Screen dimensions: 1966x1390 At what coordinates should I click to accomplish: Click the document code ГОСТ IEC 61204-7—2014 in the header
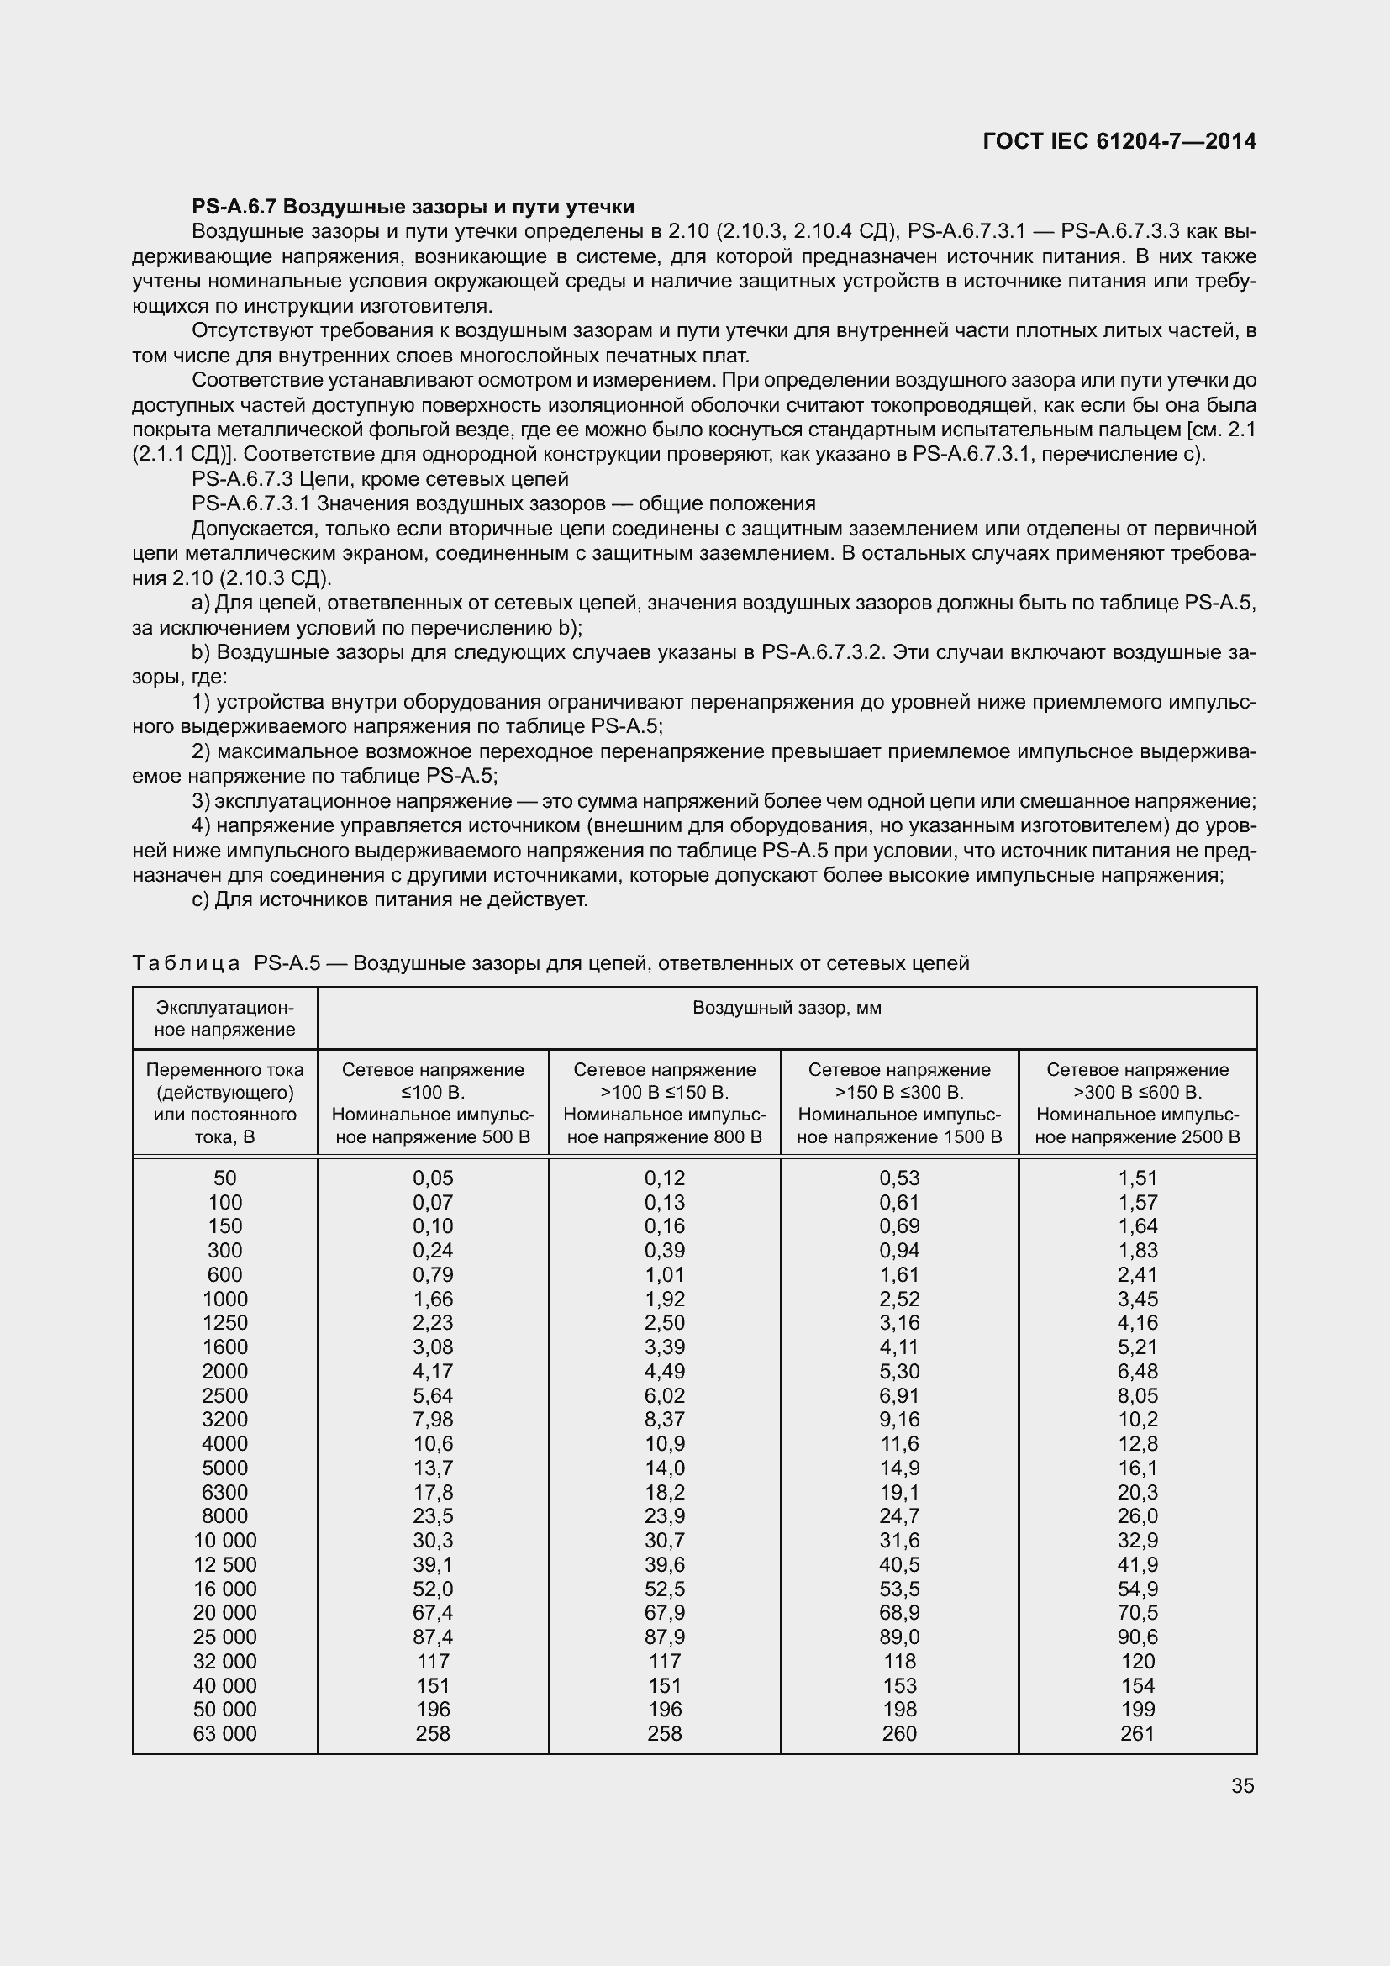pyautogui.click(x=1119, y=141)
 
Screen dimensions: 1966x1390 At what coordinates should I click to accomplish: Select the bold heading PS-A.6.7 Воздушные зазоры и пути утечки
pyautogui.click(x=413, y=207)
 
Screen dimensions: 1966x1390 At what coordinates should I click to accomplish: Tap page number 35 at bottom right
pyautogui.click(x=1242, y=1785)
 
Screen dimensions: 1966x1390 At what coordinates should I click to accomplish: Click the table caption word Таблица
pyautogui.click(x=186, y=963)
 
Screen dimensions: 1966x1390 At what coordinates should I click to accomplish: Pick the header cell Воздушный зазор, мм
pyautogui.click(x=787, y=1008)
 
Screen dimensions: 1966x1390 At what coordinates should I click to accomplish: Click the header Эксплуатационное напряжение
pyautogui.click(x=225, y=1018)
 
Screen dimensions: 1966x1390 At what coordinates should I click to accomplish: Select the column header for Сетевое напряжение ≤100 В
pyautogui.click(x=433, y=1103)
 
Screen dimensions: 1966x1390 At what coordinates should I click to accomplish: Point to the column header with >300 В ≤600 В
pyautogui.click(x=1138, y=1103)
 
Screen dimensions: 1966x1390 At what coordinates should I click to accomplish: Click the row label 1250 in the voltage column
pyautogui.click(x=225, y=1323)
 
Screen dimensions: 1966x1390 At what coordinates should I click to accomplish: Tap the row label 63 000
pyautogui.click(x=225, y=1734)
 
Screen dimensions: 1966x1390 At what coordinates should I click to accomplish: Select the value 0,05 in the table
pyautogui.click(x=433, y=1178)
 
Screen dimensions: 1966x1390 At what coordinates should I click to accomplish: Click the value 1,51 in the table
pyautogui.click(x=1138, y=1178)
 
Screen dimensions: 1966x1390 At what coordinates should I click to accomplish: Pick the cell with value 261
pyautogui.click(x=1138, y=1734)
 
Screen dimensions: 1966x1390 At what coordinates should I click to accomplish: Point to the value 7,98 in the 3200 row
pyautogui.click(x=433, y=1420)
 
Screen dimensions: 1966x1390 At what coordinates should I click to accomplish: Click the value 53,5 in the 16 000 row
pyautogui.click(x=898, y=1589)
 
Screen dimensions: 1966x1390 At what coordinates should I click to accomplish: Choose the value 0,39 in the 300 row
pyautogui.click(x=665, y=1250)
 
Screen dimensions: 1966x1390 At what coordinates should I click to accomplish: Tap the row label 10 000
pyautogui.click(x=225, y=1541)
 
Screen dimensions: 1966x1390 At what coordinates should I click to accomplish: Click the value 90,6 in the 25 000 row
pyautogui.click(x=1138, y=1637)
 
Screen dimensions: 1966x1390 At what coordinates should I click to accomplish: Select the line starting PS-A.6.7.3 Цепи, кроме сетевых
pyautogui.click(x=380, y=478)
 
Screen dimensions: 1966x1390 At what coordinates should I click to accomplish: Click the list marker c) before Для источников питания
pyautogui.click(x=200, y=900)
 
